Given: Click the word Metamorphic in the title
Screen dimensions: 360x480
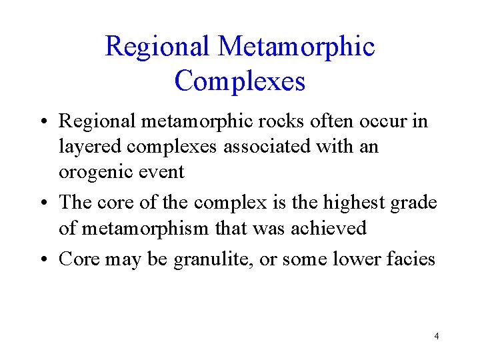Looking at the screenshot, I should tap(296, 47).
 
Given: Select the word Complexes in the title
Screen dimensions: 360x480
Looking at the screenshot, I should tap(240, 81).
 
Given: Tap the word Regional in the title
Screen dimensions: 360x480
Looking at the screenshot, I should tap(157, 47).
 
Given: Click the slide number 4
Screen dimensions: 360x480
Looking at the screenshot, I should tap(436, 336).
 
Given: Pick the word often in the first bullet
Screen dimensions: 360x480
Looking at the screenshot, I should tap(339, 121).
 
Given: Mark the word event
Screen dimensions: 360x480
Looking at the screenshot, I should tap(163, 171).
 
